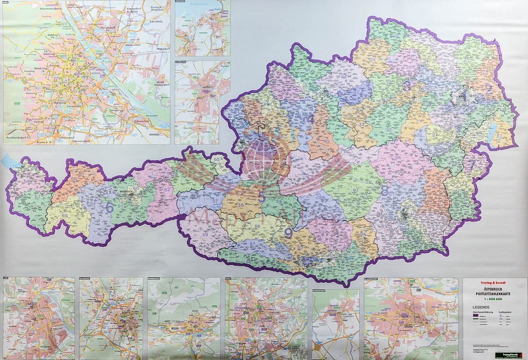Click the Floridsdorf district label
pos(111,28)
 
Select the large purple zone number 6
pos(109,208)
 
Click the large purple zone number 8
pos(385,190)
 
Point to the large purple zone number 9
pos(288,233)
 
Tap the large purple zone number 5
pos(262,197)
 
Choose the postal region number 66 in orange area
pos(73,179)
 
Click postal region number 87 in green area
pos(356,191)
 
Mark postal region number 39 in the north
pos(372,60)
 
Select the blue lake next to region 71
pos(492,135)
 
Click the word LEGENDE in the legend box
pos(481,307)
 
